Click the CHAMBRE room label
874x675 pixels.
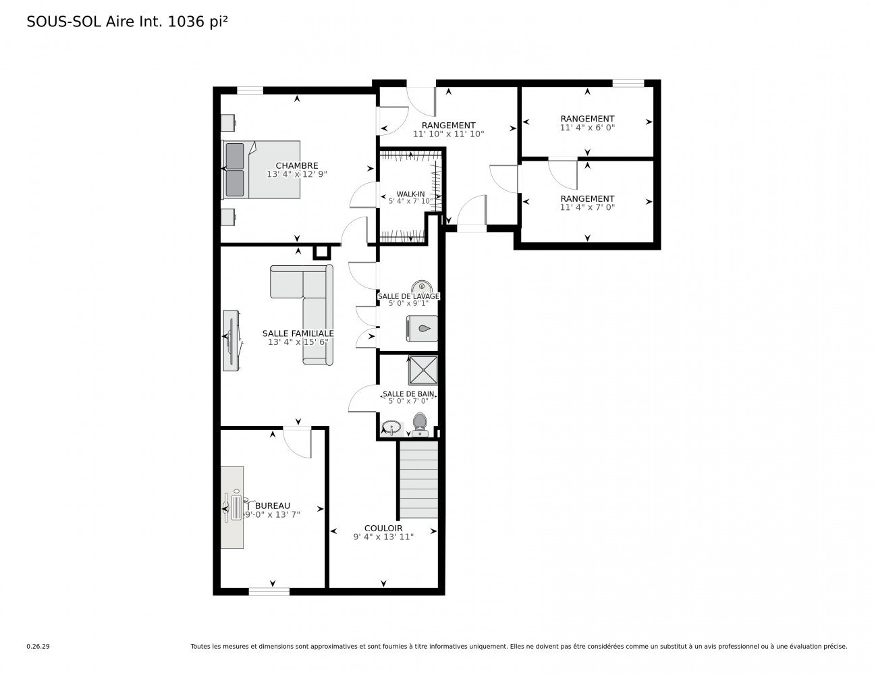tap(296, 165)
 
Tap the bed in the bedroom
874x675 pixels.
tap(261, 169)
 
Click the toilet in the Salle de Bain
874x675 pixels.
tap(420, 424)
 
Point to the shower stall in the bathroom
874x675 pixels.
tap(422, 370)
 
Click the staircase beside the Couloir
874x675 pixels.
tap(418, 479)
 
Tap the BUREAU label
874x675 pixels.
tap(272, 506)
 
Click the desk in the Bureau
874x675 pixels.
tap(232, 507)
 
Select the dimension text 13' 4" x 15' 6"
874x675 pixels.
tap(298, 342)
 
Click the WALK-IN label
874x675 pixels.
tap(410, 194)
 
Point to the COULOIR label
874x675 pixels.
tap(383, 528)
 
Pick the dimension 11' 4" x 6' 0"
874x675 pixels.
tap(587, 128)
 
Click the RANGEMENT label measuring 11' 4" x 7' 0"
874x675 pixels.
tap(587, 198)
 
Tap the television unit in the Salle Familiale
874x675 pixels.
tap(232, 340)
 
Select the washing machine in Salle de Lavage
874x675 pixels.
tap(422, 328)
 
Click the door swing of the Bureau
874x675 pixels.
tap(297, 443)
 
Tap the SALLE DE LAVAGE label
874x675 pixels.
tap(408, 296)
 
